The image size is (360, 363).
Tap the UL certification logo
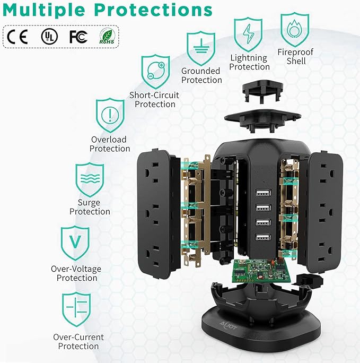tap(49, 36)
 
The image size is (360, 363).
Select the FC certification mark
tap(77, 36)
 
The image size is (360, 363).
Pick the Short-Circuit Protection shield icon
tap(155, 72)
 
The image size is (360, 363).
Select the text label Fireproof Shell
tap(296, 57)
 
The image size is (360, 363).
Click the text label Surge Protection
tap(90, 207)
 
